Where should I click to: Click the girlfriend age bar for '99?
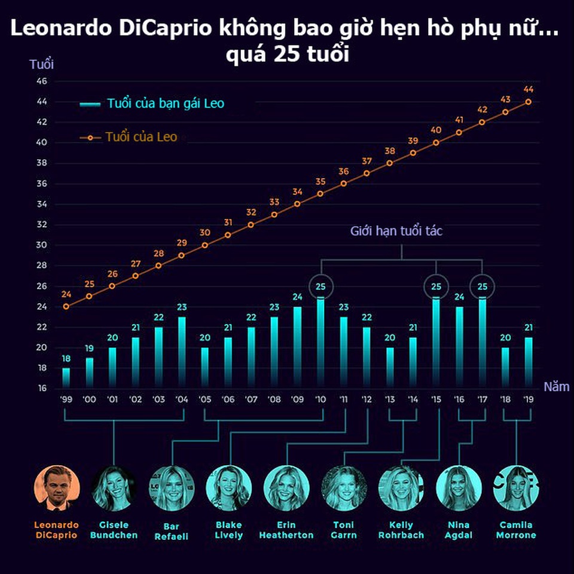(66, 378)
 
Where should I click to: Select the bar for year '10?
(320, 342)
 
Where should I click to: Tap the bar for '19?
(529, 362)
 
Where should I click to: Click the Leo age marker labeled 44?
(529, 102)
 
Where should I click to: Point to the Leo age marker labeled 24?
(66, 307)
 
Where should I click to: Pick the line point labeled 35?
(320, 194)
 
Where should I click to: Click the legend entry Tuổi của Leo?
(141, 138)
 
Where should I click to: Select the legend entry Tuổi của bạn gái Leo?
(165, 103)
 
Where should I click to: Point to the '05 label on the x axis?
(204, 399)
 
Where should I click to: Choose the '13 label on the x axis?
(390, 399)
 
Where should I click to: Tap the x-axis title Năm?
(556, 387)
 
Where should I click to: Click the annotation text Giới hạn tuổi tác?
(396, 231)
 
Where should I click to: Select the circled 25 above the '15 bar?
(436, 286)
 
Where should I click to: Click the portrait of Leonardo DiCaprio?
(56, 487)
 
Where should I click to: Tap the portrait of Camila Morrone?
(516, 487)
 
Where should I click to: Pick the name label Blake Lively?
(228, 530)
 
